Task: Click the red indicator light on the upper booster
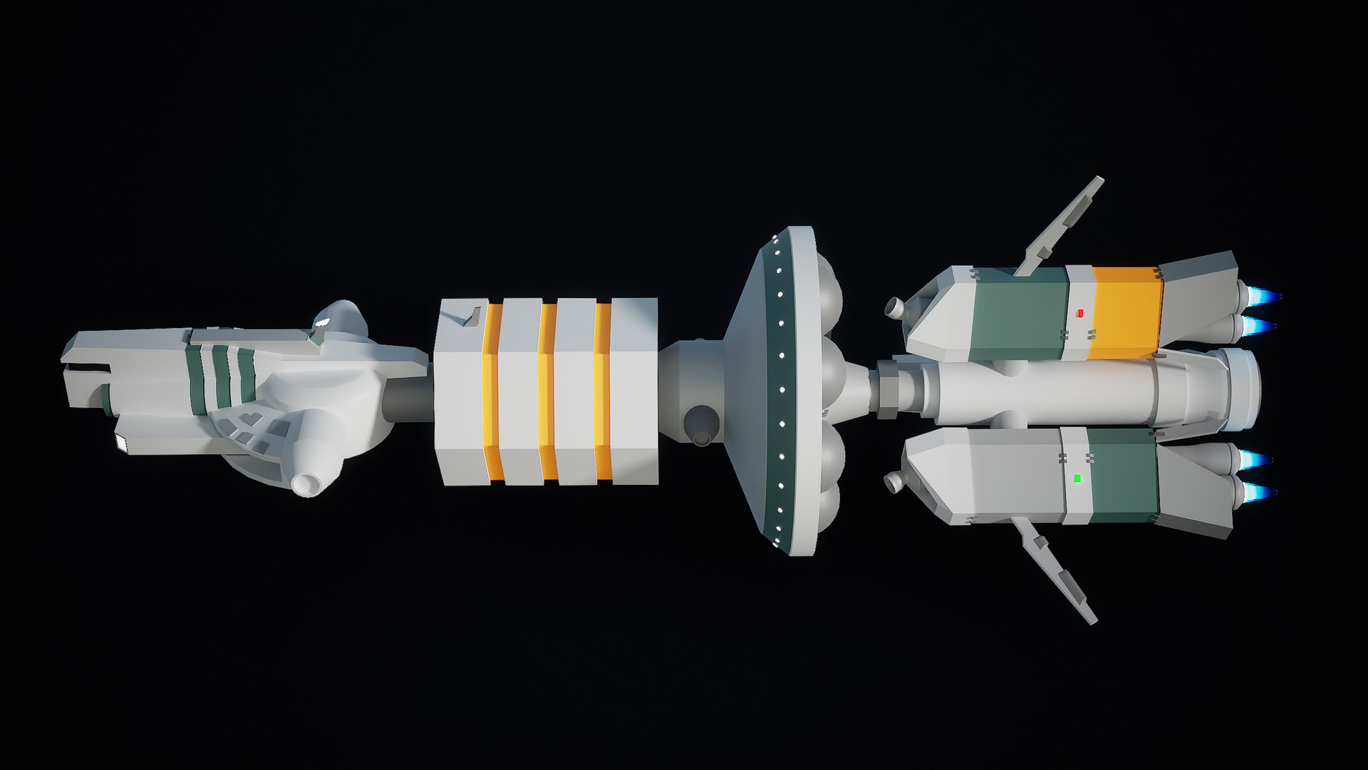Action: (x=1079, y=312)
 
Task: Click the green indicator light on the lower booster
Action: (x=1077, y=478)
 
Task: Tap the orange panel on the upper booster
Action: (x=1125, y=313)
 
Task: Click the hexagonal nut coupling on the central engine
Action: (x=887, y=389)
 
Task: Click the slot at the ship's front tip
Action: (x=87, y=369)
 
